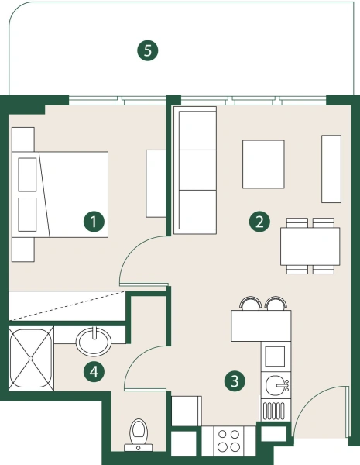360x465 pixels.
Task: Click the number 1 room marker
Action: pos(94,222)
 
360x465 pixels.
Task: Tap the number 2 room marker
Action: pos(259,222)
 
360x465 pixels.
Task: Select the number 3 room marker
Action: pos(235,381)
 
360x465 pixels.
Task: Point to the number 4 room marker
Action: pos(94,371)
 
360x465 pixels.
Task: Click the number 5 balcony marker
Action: pos(148,50)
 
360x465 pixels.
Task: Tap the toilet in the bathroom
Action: pos(139,435)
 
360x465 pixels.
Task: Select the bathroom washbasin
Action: pos(94,341)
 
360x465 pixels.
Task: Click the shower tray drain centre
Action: pos(31,358)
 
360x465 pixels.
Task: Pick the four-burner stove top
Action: pos(228,441)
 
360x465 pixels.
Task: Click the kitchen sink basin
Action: pos(276,385)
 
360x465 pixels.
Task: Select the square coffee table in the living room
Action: pos(263,164)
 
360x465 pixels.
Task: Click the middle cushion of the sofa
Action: pos(197,170)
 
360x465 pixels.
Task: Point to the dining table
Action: pos(310,246)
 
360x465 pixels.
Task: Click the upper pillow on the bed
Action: pos(27,174)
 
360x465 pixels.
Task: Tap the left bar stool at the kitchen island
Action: pos(251,303)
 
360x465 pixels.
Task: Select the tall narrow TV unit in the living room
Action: pos(331,169)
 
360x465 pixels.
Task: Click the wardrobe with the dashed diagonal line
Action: pos(67,306)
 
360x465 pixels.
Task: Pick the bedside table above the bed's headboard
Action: pos(23,139)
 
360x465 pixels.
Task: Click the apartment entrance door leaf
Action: pos(348,411)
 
